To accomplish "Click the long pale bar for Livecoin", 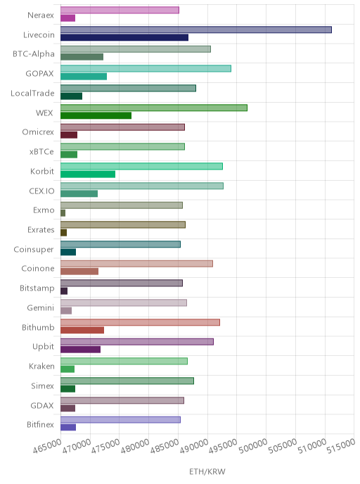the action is pyautogui.click(x=196, y=30).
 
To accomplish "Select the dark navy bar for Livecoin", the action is pyautogui.click(x=124, y=38).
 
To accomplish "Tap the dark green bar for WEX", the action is pyautogui.click(x=96, y=115).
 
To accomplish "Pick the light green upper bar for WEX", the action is pyautogui.click(x=153, y=108).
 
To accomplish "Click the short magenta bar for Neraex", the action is pyautogui.click(x=68, y=18).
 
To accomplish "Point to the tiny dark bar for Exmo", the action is pyautogui.click(x=63, y=213).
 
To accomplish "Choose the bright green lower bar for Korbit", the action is pyautogui.click(x=88, y=174).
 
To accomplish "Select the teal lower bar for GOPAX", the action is pyautogui.click(x=84, y=77).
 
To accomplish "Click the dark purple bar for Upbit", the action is pyautogui.click(x=81, y=350).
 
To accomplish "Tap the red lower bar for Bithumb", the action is pyautogui.click(x=82, y=330).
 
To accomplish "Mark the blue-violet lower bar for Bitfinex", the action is pyautogui.click(x=68, y=427).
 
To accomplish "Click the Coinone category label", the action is pyautogui.click(x=38, y=269).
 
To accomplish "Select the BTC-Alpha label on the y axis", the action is pyautogui.click(x=33, y=54).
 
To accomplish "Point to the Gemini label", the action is pyautogui.click(x=40, y=307).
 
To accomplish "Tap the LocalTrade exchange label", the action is pyautogui.click(x=32, y=94).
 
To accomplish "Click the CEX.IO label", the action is pyautogui.click(x=41, y=191).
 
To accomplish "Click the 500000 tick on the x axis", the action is pyautogui.click(x=253, y=445).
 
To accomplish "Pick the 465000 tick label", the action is pyautogui.click(x=47, y=446).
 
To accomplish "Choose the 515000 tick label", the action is pyautogui.click(x=341, y=446).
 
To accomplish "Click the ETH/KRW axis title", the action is pyautogui.click(x=207, y=471).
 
